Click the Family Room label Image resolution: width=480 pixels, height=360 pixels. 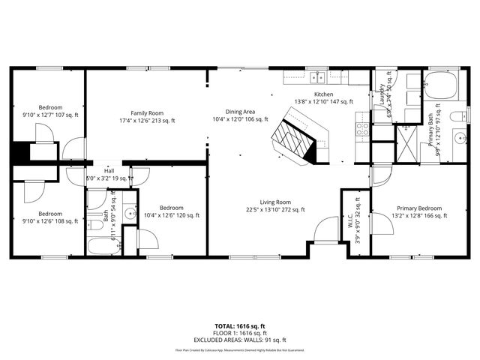point(146,116)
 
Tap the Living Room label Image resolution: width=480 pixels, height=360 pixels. point(275,205)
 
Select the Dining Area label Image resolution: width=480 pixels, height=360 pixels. point(240,115)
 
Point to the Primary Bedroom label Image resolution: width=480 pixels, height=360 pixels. point(409,211)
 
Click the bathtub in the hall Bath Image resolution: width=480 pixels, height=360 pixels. point(103,245)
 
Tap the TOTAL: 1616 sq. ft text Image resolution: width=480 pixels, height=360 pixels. point(240,326)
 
